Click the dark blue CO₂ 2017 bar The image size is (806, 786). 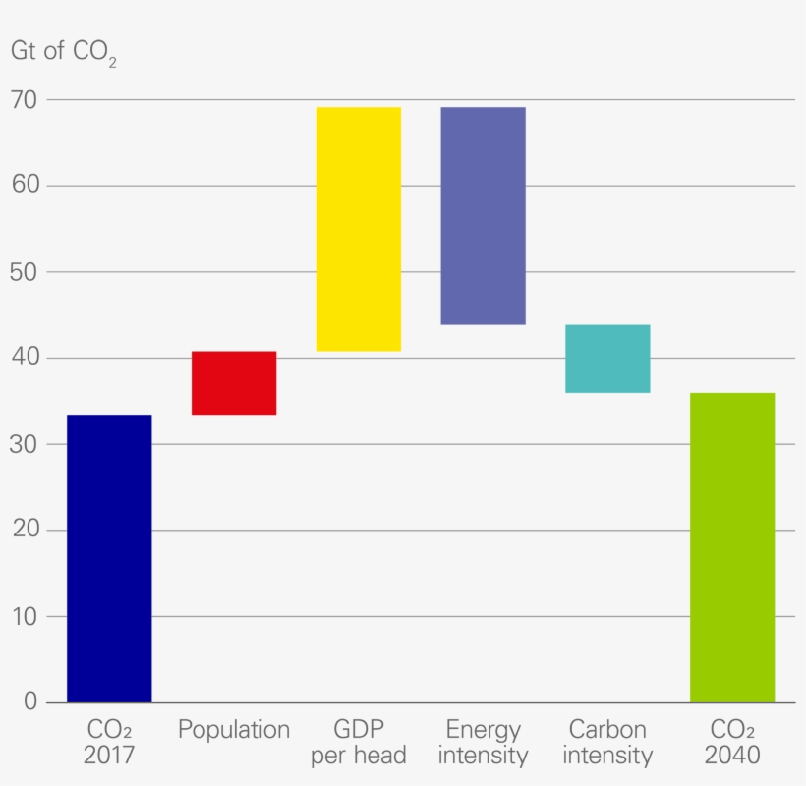(x=109, y=558)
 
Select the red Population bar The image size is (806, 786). (x=234, y=382)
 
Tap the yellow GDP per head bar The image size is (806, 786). (x=359, y=229)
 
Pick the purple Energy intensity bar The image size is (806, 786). (x=483, y=215)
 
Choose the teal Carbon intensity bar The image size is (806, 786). (x=607, y=359)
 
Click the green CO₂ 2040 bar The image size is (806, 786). (x=732, y=547)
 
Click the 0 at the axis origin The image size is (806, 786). (x=29, y=702)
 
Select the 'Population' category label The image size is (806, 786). (x=234, y=730)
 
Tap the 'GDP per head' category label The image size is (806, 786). (x=359, y=743)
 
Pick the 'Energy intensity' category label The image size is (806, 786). (x=483, y=743)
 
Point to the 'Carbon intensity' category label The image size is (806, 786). (x=607, y=743)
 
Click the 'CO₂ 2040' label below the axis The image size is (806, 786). (x=732, y=743)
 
